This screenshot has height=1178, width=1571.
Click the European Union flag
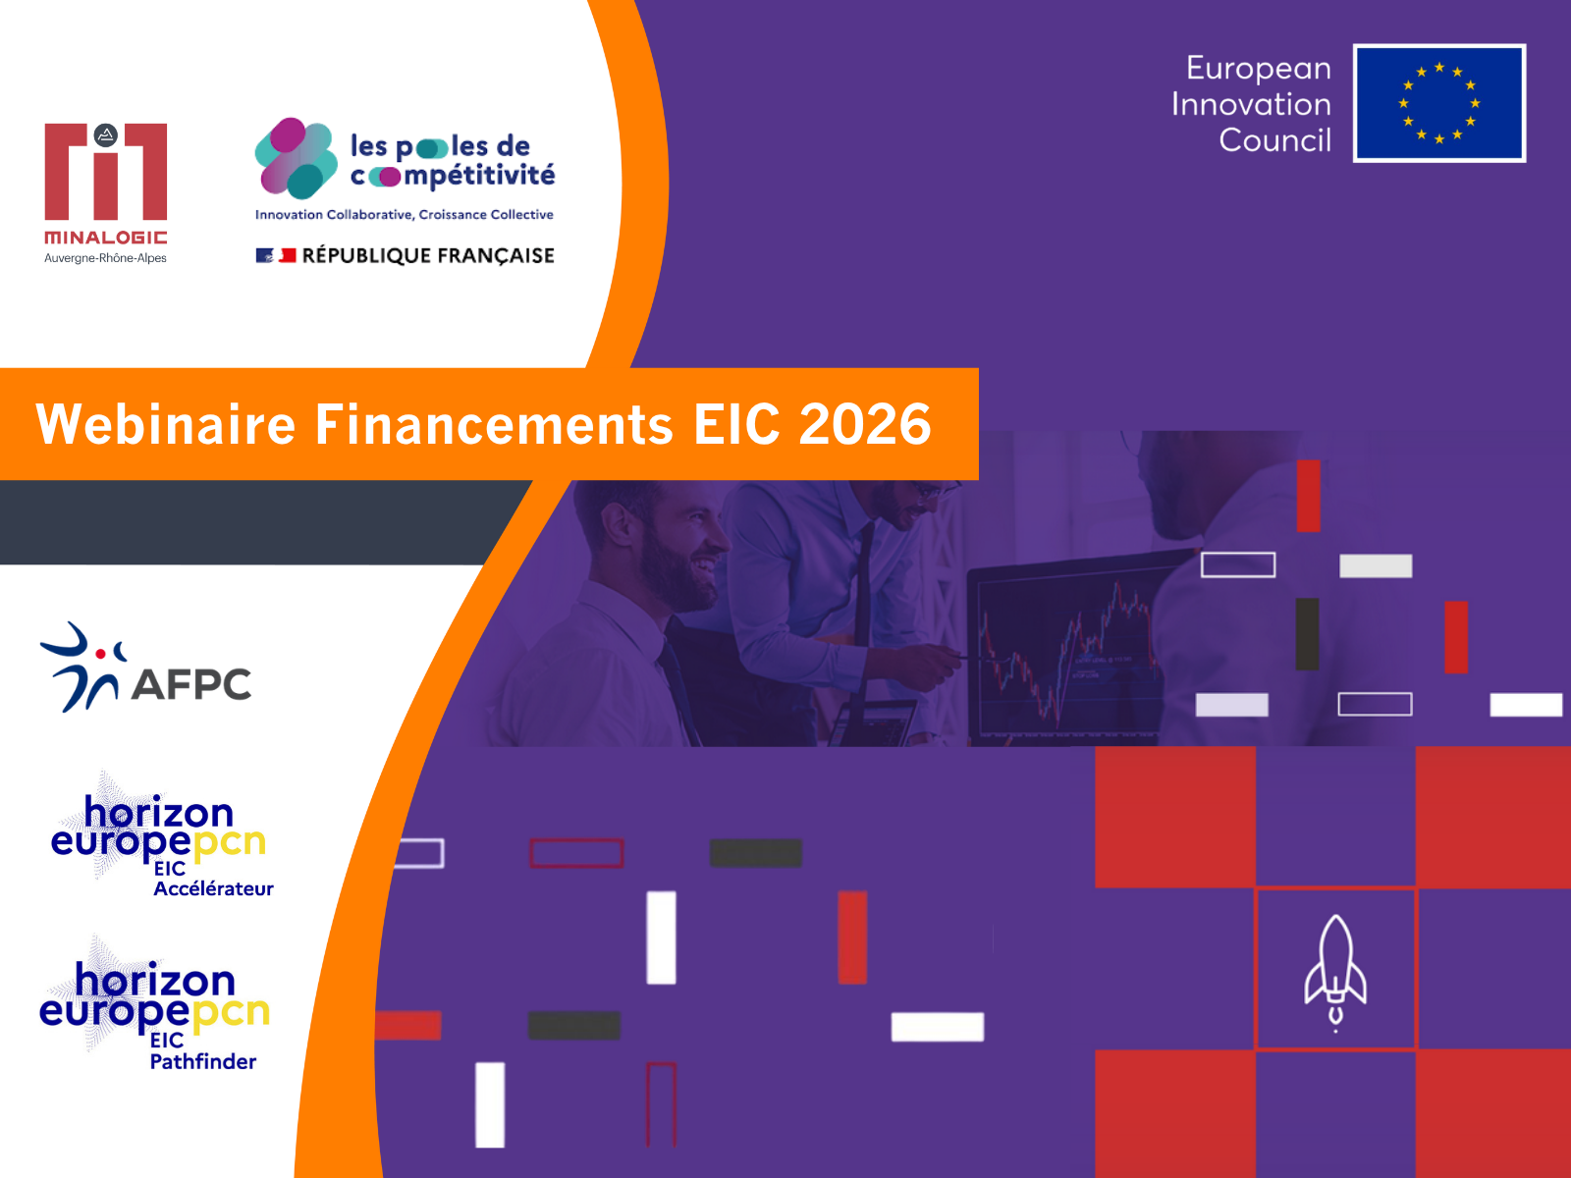tap(1438, 104)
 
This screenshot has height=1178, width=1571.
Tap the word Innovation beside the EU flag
tap(1251, 104)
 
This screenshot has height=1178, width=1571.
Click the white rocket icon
tap(1334, 973)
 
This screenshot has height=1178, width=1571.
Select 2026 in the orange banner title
tap(865, 424)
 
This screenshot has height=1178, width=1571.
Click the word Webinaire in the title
tap(165, 424)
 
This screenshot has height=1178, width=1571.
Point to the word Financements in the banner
tap(494, 424)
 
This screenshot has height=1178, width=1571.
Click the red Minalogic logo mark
tap(106, 172)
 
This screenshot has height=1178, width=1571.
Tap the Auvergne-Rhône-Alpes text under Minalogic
tap(105, 258)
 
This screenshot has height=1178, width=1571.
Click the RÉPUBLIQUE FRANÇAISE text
tap(428, 256)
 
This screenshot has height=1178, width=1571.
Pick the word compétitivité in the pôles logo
tap(453, 176)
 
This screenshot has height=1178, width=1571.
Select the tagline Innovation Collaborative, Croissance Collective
tap(405, 215)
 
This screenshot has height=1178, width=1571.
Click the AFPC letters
tap(191, 684)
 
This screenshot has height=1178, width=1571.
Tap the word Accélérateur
tap(213, 888)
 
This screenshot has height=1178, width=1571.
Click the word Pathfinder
tap(202, 1061)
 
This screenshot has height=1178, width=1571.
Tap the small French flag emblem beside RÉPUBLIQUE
tap(276, 255)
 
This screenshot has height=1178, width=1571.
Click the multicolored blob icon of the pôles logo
tap(296, 158)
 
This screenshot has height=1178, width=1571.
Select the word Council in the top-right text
tap(1274, 140)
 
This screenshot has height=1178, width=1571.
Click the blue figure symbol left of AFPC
tap(81, 668)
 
